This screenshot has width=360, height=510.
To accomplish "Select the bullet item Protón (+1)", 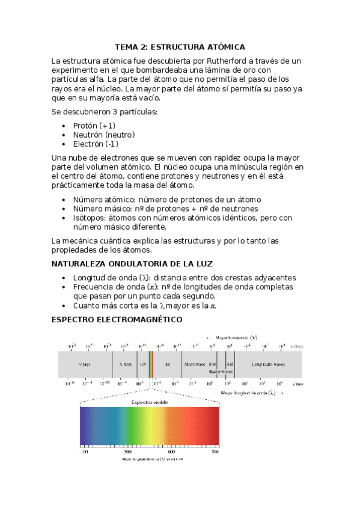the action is [94, 125].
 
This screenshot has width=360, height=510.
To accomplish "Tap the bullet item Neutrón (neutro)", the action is [103, 135].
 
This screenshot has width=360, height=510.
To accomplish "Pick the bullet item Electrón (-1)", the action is [96, 144].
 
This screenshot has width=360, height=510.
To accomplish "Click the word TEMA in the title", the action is [127, 47].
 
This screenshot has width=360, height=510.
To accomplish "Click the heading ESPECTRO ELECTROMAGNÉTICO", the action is [117, 319].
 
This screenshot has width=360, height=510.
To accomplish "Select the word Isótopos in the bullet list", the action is [91, 218].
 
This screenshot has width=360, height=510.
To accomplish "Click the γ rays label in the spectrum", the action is [85, 364].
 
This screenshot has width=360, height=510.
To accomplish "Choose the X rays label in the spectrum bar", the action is [125, 364].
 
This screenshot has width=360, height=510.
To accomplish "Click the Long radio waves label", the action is [268, 364].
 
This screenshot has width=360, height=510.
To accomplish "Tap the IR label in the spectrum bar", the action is [168, 364].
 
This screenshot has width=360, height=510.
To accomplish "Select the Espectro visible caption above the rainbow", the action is [150, 402].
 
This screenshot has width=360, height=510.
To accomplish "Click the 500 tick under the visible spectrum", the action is [128, 451].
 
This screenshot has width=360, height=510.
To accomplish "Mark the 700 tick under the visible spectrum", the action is [215, 451].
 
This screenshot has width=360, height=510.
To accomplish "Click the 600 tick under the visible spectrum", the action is [171, 451].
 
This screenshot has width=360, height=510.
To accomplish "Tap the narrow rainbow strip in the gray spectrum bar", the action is [151, 364].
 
